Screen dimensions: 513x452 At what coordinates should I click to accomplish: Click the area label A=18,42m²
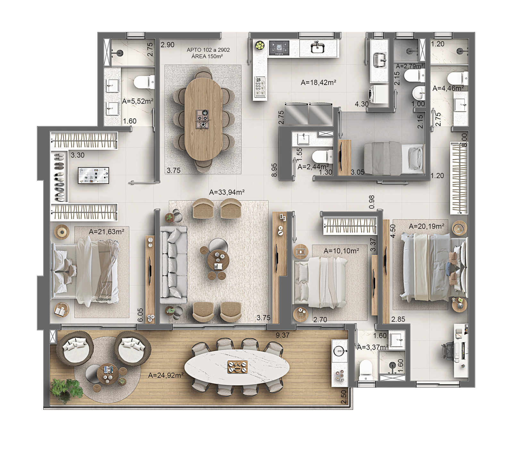click(x=318, y=82)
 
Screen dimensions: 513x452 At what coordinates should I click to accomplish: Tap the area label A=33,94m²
click(x=227, y=192)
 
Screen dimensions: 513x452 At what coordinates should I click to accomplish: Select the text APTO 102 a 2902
click(x=208, y=50)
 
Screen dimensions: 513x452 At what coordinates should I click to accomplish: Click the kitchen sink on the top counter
click(x=317, y=48)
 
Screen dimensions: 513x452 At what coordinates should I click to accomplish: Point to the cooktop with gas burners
click(x=279, y=48)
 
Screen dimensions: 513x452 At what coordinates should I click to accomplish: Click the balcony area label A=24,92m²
click(x=166, y=375)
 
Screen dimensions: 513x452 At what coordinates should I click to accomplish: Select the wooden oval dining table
click(x=204, y=119)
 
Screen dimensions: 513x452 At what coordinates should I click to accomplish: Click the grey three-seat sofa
click(x=173, y=265)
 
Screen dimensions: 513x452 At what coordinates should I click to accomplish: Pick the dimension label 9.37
click(x=282, y=335)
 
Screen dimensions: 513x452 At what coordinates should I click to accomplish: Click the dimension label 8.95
click(x=274, y=170)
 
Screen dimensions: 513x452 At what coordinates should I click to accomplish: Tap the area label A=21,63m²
click(x=106, y=231)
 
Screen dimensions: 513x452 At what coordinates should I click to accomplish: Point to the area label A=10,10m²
click(x=341, y=251)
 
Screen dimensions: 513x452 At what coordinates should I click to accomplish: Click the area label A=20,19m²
click(x=426, y=226)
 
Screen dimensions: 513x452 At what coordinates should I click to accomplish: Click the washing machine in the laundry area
click(x=378, y=94)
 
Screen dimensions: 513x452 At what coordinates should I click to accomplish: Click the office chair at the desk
click(x=448, y=351)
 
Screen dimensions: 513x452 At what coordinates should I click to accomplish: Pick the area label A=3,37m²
click(x=373, y=347)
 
